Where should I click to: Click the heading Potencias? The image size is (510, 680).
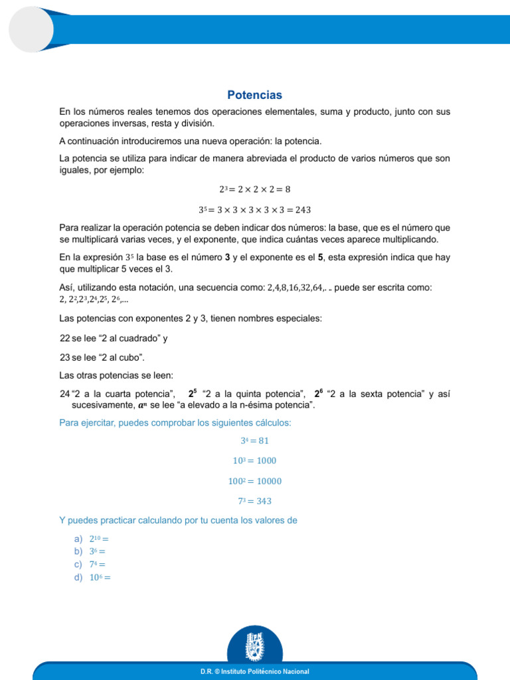[255, 95]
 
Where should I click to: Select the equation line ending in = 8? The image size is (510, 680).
[255, 189]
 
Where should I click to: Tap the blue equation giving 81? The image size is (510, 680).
[255, 440]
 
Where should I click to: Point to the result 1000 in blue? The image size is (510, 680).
[264, 460]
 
